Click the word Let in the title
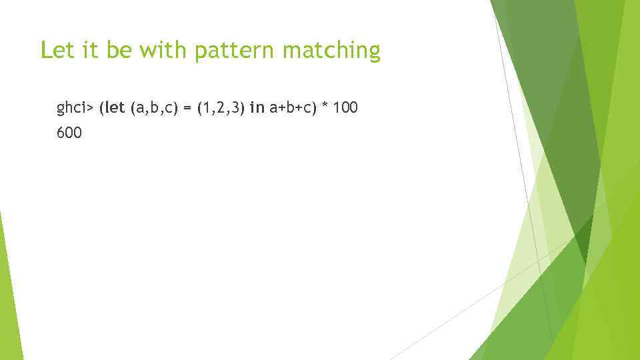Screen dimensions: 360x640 coord(55,50)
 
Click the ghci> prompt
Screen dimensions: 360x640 coord(75,107)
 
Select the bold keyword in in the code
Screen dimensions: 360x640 coord(257,107)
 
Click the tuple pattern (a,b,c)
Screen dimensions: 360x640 coord(154,107)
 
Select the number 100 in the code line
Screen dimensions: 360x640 coord(345,107)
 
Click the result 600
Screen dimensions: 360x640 coord(69,133)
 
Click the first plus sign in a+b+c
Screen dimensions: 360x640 coord(280,107)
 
